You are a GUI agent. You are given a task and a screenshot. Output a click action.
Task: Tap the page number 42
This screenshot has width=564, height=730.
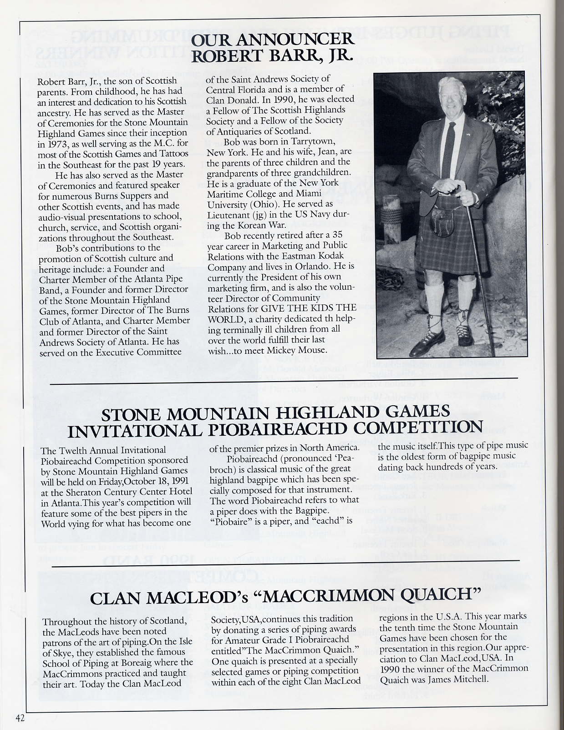click(x=19, y=718)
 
